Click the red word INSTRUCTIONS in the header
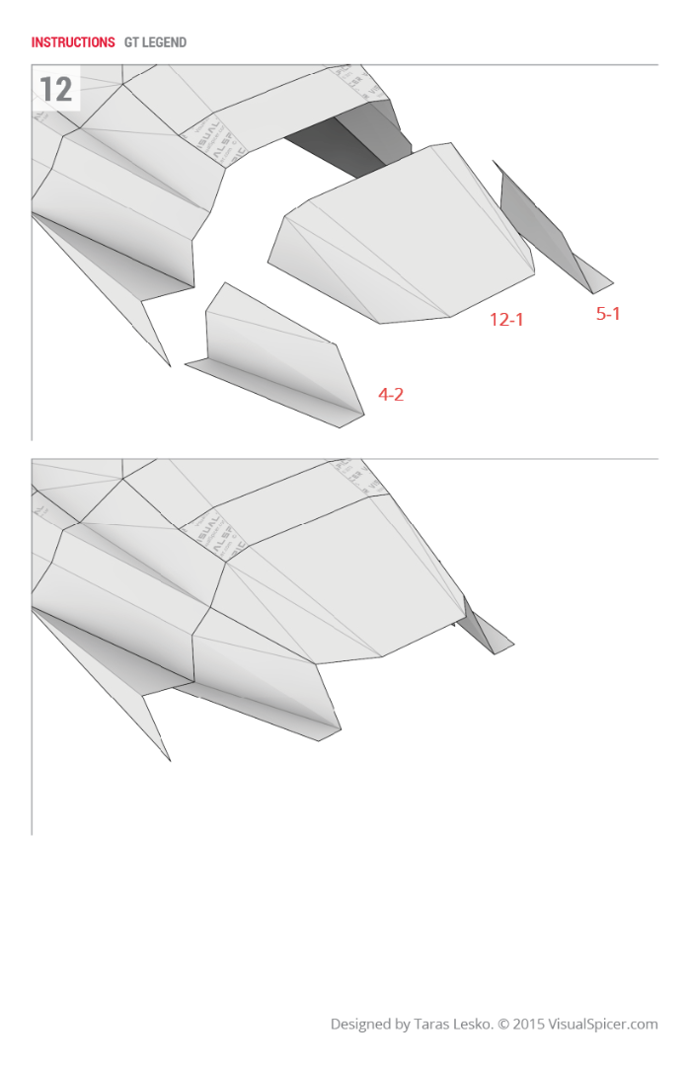point(73,42)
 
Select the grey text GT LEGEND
point(155,42)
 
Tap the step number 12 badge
point(56,90)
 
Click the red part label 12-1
point(506,319)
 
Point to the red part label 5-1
point(608,314)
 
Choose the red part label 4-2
point(391,395)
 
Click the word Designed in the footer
point(360,1025)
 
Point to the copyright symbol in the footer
point(502,1025)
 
